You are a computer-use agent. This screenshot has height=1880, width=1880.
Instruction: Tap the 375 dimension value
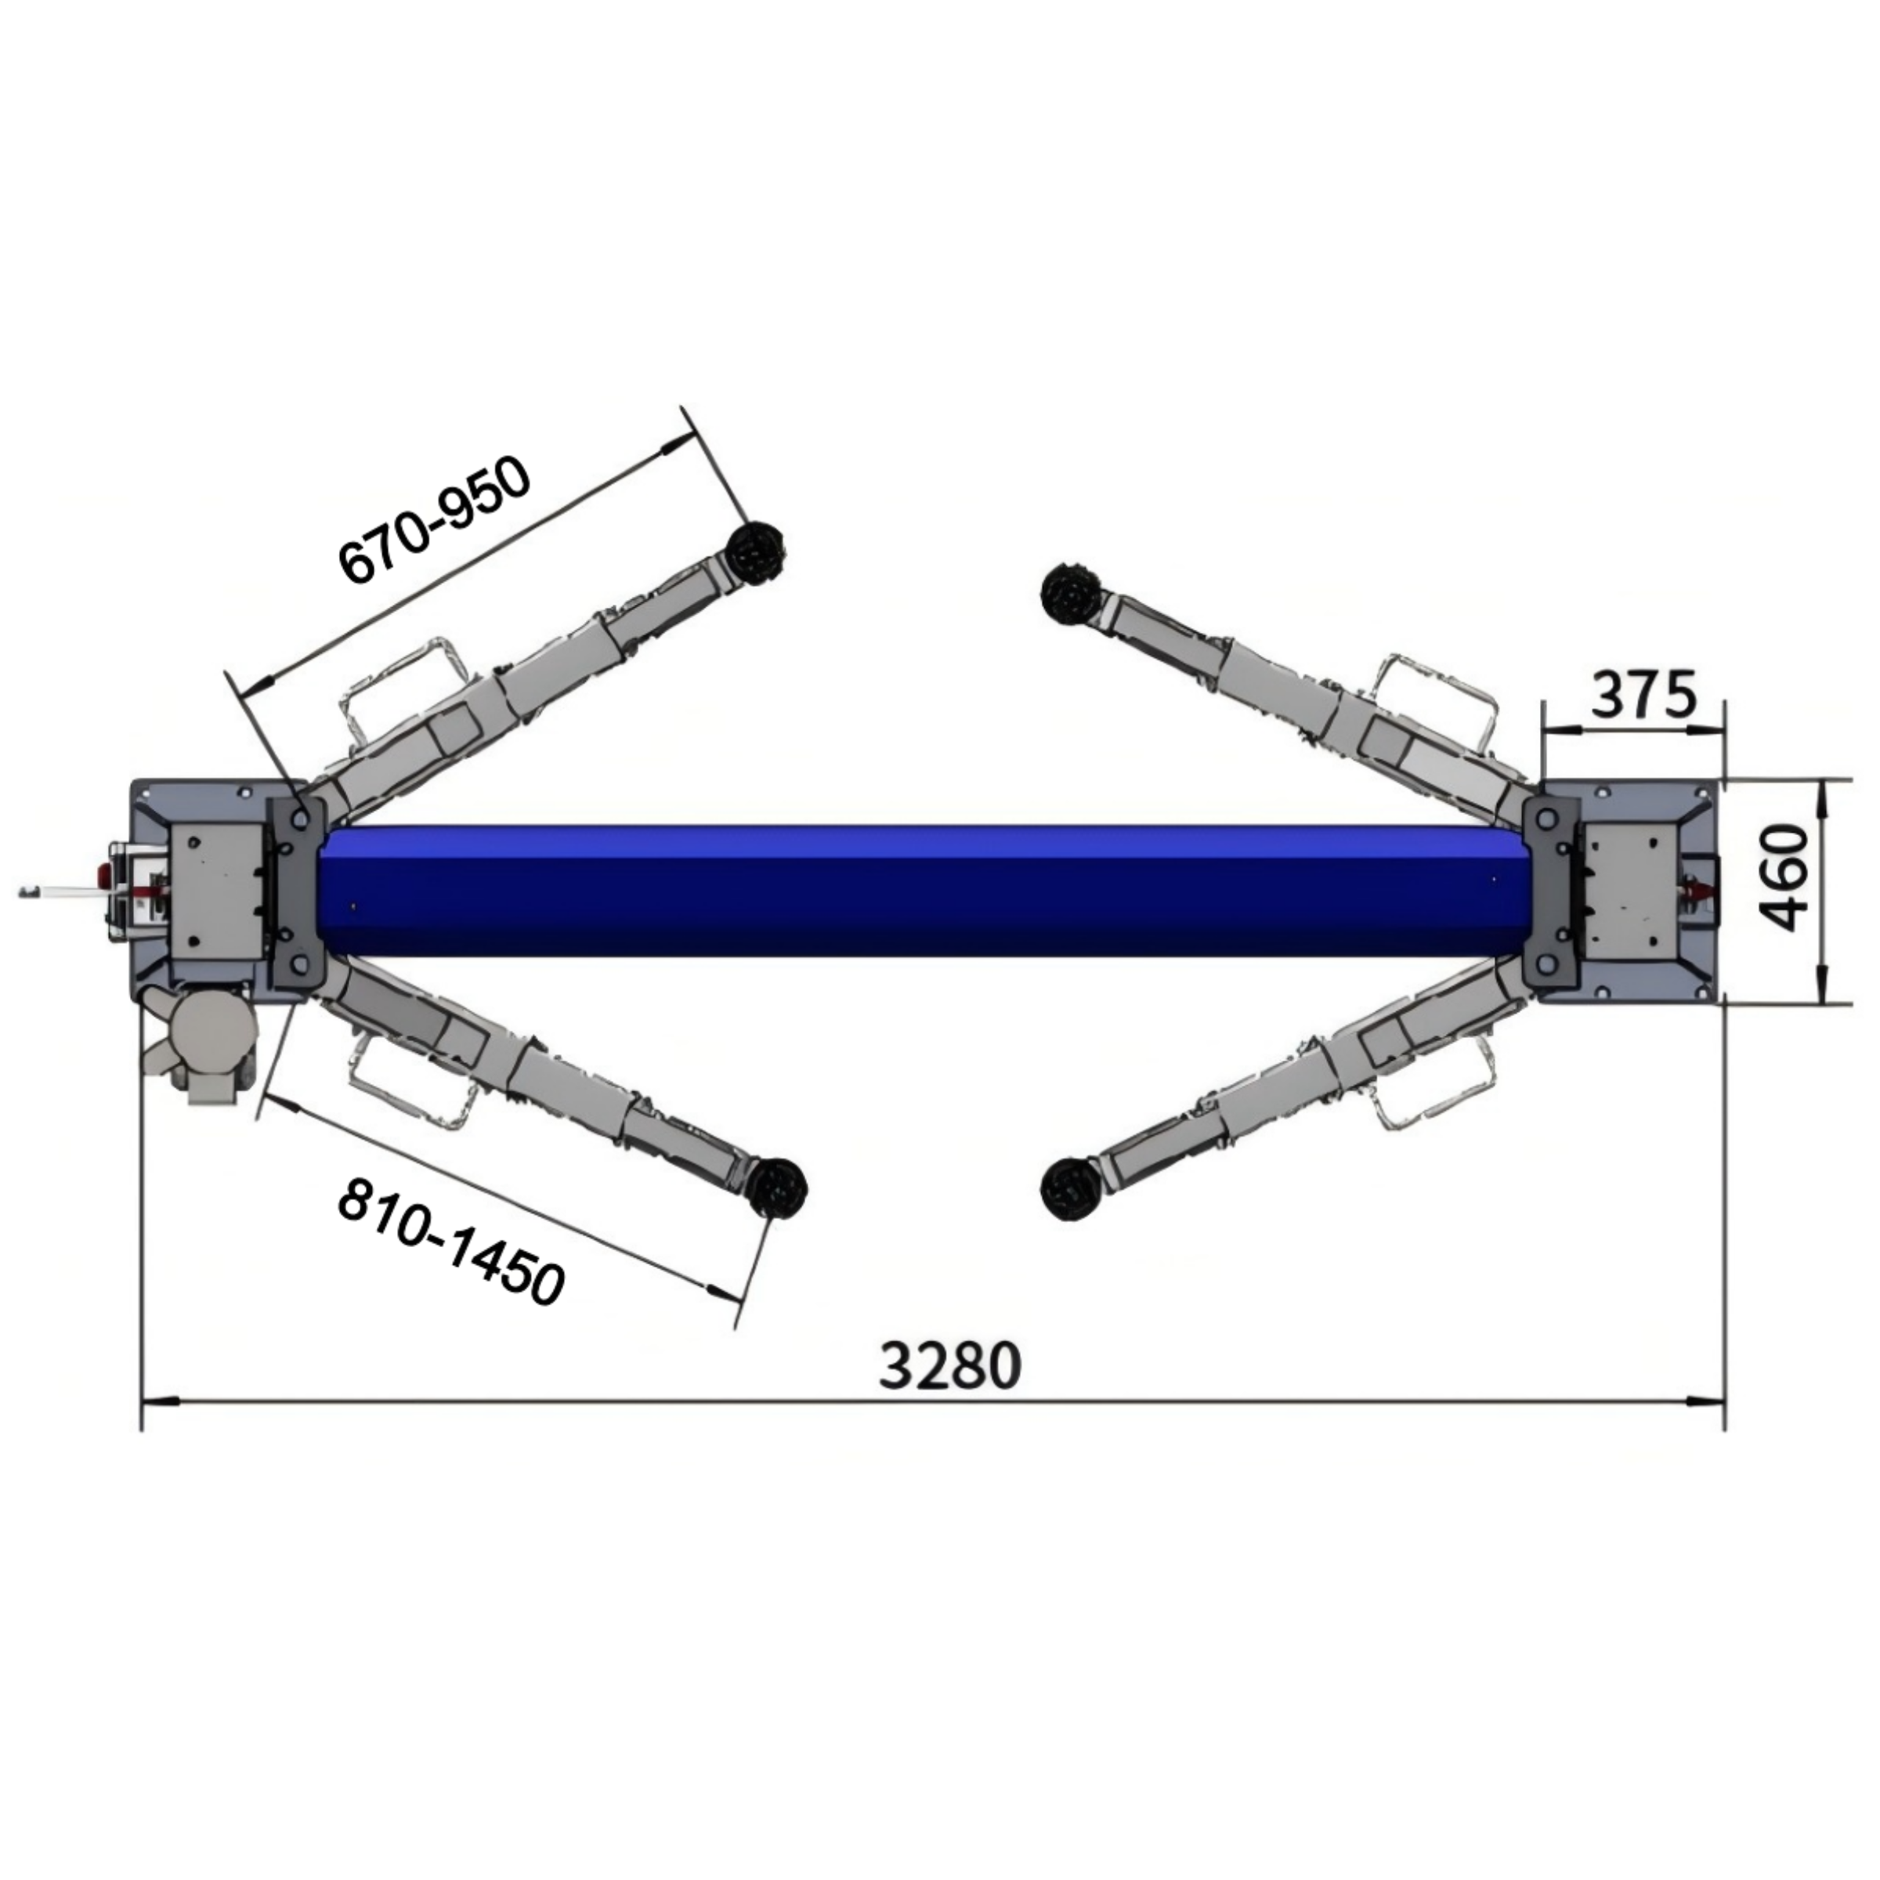click(x=1643, y=695)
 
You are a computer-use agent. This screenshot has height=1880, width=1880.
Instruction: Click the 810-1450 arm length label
click(x=450, y=1241)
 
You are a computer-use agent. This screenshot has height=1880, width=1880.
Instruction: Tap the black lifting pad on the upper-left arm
click(x=756, y=555)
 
